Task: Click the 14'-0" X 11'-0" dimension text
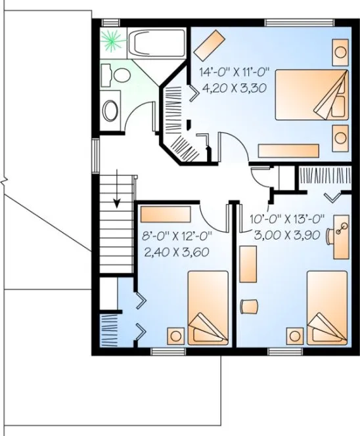tap(232, 70)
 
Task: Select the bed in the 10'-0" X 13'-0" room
tap(326, 307)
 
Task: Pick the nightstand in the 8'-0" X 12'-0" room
tap(175, 334)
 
